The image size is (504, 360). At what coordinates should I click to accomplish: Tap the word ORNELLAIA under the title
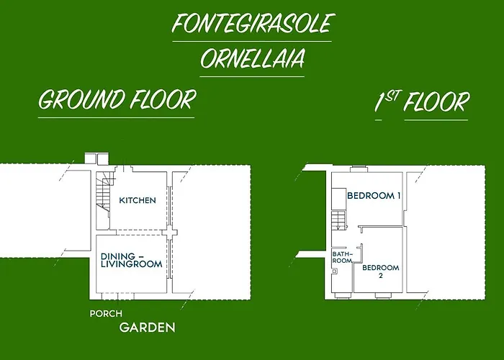click(x=251, y=58)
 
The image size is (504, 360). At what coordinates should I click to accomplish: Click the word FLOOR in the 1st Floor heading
click(x=436, y=102)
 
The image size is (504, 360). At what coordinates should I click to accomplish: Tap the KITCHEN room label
click(x=138, y=200)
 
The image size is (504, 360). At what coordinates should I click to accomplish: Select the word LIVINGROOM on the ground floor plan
click(x=131, y=264)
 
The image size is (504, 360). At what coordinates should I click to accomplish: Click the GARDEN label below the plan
click(x=147, y=328)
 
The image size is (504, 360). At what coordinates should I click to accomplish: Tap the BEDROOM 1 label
click(x=374, y=195)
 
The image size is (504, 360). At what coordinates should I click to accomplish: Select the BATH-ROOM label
click(x=342, y=257)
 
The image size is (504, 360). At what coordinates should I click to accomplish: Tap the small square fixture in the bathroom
click(x=336, y=271)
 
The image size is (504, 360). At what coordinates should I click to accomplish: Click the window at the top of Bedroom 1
click(x=359, y=169)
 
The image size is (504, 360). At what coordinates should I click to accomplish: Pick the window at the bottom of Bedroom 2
click(x=383, y=294)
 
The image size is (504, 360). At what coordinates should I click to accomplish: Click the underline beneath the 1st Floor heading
click(x=436, y=119)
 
